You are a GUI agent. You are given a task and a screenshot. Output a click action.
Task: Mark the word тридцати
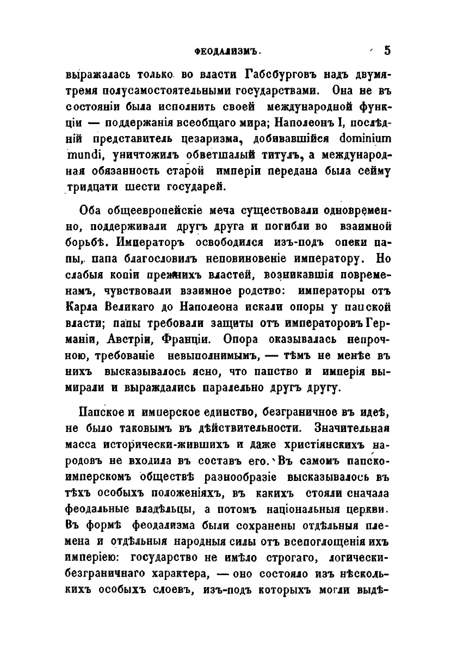(88, 187)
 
